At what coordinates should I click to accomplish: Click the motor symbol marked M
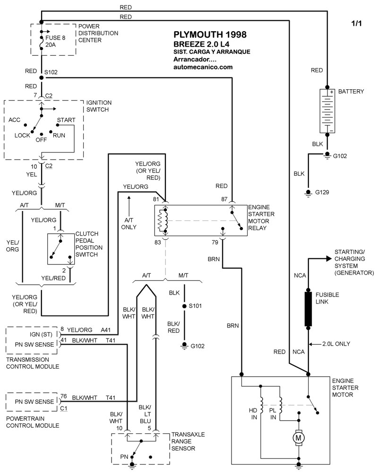[299, 438]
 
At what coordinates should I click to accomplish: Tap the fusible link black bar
[308, 309]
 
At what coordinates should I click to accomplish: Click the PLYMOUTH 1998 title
[210, 35]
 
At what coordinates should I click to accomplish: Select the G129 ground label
[322, 192]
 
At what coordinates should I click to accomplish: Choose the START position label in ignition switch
[66, 120]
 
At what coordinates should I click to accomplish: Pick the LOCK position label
[22, 135]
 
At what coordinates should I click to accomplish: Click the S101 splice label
[196, 306]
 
